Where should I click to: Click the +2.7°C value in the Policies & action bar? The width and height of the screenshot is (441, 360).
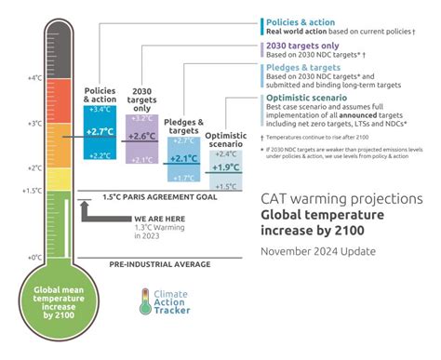[x=100, y=132]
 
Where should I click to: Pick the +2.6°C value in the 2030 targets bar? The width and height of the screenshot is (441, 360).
[x=140, y=136]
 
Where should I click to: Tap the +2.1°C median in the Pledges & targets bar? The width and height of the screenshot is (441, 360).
[x=182, y=158]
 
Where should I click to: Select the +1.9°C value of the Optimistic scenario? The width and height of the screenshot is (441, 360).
[x=224, y=167]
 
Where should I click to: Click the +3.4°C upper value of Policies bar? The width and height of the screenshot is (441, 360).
[x=100, y=110]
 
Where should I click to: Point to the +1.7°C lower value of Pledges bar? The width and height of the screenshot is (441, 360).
[x=182, y=177]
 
